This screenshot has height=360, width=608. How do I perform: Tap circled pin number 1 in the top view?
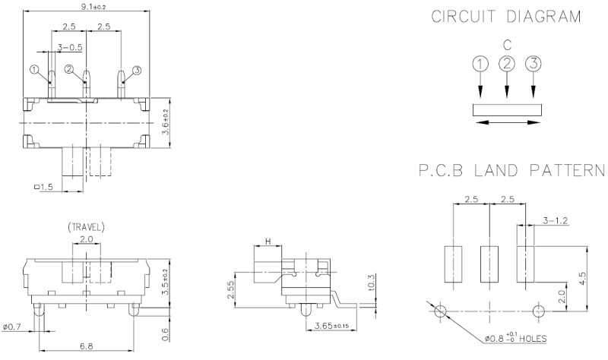(34, 70)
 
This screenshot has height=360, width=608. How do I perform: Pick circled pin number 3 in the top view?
(137, 70)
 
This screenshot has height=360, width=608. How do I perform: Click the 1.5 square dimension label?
(43, 187)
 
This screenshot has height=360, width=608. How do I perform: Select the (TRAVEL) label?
(86, 226)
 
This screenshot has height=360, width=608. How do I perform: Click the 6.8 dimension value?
(86, 346)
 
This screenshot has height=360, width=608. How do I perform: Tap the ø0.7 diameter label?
(14, 327)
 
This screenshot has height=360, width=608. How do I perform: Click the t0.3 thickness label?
(370, 282)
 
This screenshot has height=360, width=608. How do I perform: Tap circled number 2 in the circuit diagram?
(507, 65)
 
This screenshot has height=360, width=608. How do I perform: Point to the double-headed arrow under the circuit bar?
(507, 121)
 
